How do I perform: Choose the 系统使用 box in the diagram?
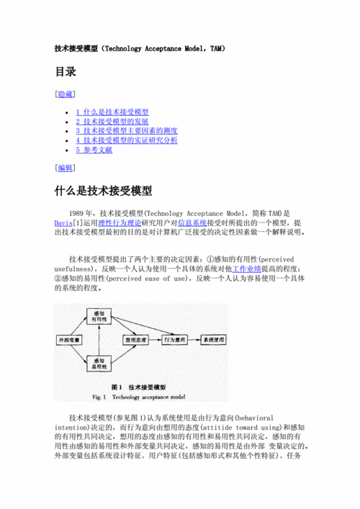[213, 338]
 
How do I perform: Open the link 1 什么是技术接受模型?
[112, 113]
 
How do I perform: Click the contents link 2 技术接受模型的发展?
[112, 122]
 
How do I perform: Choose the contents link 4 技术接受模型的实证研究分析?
[127, 141]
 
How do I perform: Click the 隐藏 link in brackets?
[65, 94]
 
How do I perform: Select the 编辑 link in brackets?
[65, 168]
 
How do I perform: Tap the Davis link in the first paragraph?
[62, 224]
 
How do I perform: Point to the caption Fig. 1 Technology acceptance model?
[139, 397]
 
